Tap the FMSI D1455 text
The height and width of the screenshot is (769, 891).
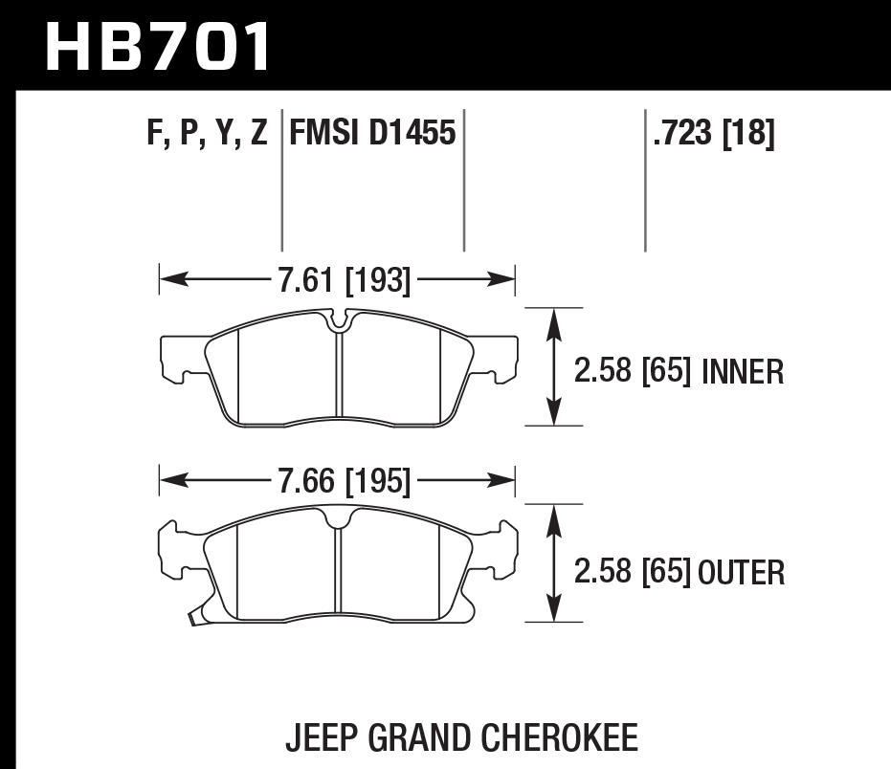371,133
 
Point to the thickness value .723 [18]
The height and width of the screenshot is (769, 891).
713,133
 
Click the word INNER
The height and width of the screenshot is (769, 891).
743,371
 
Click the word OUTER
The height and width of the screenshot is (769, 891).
743,573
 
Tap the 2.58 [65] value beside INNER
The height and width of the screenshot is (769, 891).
633,371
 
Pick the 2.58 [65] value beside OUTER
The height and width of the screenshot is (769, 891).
633,573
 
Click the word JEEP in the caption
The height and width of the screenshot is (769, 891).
318,738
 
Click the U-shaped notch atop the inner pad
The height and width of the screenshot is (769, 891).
338,322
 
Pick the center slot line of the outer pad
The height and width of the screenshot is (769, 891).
340,574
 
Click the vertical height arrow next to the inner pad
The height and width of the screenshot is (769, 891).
552,366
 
